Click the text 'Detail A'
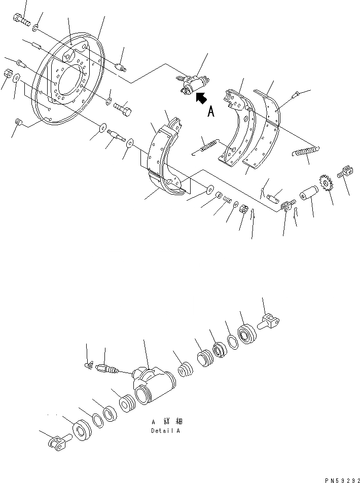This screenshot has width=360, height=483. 165,431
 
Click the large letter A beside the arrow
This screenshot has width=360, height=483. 211,111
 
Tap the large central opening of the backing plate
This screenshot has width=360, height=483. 69,81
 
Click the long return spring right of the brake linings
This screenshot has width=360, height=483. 306,151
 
